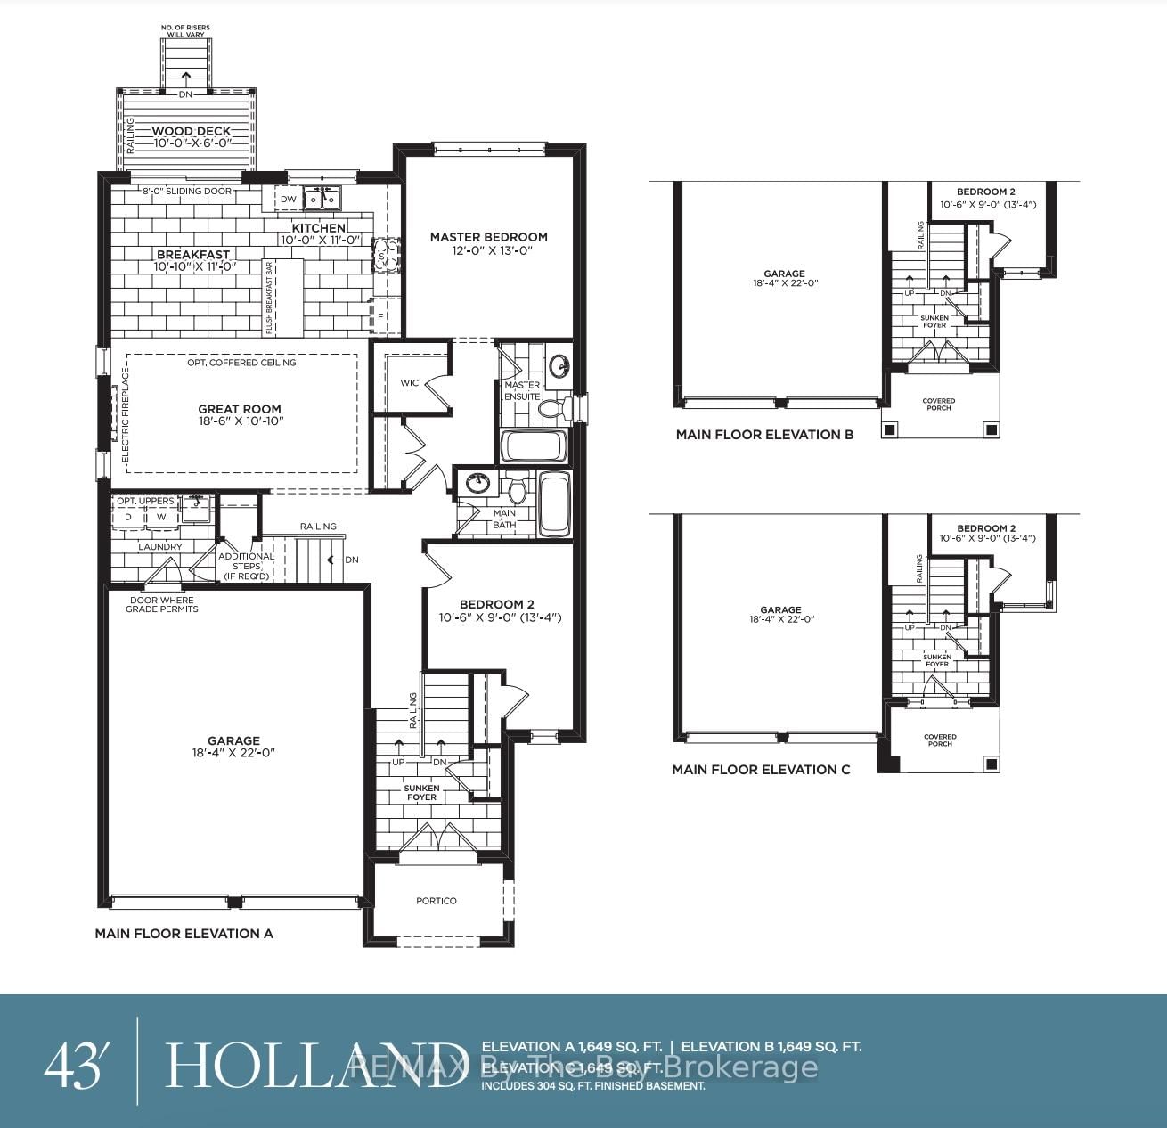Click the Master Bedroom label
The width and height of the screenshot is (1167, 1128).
coord(488,237)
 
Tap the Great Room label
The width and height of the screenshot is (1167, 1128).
coord(240,409)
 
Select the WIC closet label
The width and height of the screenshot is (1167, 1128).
coord(409,383)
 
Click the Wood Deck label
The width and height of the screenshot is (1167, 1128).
coord(191,131)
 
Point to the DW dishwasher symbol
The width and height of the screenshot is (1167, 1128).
coord(288,200)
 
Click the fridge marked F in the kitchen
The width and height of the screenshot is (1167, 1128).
coord(381,316)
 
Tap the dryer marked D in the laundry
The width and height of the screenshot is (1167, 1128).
coord(127,517)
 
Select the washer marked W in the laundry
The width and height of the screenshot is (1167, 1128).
coord(161,517)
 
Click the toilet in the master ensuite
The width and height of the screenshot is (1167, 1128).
coord(551,409)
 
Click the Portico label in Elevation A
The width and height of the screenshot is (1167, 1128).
coord(437,901)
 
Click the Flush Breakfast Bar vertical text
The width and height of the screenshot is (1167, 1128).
coord(269,298)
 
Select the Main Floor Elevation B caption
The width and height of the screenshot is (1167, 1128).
coord(764,435)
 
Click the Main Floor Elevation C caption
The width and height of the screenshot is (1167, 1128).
coord(761,770)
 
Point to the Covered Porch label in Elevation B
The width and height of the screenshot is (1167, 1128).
coord(939,405)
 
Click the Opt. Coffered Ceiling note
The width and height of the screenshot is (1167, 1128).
coord(241,363)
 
